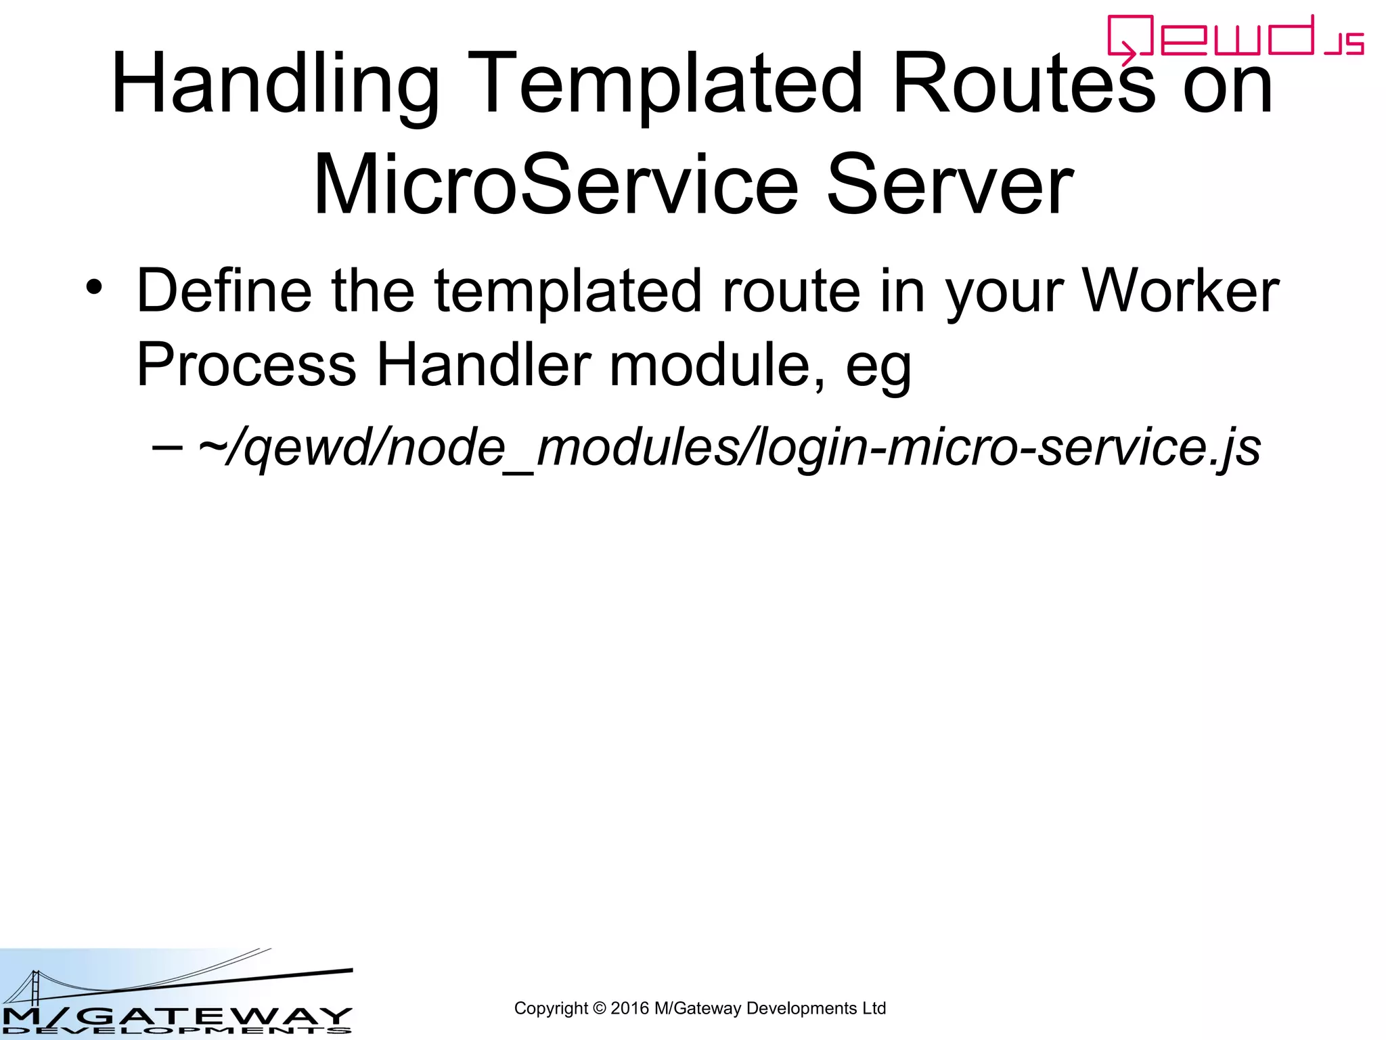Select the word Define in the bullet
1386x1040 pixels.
[224, 291]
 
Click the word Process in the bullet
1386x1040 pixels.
[246, 366]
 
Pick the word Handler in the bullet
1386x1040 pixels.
[484, 366]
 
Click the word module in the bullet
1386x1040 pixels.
[717, 366]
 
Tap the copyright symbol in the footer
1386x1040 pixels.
[599, 1008]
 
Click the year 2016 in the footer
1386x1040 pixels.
[629, 1008]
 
